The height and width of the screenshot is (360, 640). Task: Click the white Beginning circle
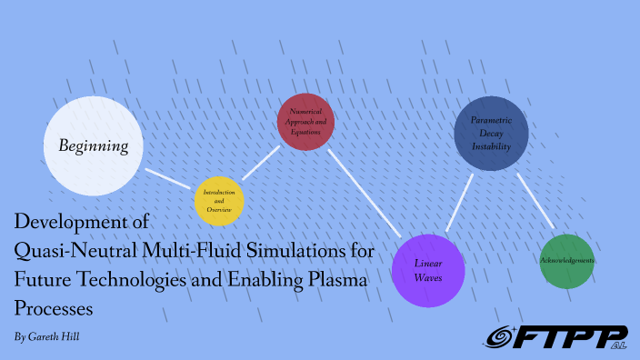coord(95,146)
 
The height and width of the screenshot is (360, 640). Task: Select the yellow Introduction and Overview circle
coord(218,201)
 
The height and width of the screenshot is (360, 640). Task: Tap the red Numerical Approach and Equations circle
coord(305,122)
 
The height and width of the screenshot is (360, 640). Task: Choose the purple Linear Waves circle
coord(427,270)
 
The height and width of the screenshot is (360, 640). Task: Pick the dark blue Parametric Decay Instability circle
coord(491,134)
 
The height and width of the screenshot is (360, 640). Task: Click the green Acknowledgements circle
coord(566,261)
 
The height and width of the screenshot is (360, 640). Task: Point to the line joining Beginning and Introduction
coord(170,178)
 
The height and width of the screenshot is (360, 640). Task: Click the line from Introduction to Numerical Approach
coord(261,163)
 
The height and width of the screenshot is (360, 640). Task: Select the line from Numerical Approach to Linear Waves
coord(364,193)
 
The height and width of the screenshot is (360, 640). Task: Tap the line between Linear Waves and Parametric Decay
coord(459,202)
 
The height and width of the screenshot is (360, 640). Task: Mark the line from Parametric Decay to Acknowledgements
coord(536,202)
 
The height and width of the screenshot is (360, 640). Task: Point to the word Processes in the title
coord(54,309)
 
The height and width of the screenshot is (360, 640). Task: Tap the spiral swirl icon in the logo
coord(501,337)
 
